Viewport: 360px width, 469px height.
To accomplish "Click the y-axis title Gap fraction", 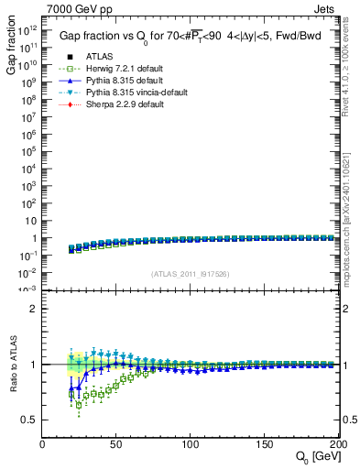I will pyautogui.click(x=12, y=49).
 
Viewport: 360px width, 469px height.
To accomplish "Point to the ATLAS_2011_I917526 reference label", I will pyautogui.click(x=191, y=273).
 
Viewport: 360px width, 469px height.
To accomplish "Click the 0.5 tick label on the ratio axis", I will pyautogui.click(x=30, y=420).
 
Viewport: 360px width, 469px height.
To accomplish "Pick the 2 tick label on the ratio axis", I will pyautogui.click(x=35, y=309).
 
